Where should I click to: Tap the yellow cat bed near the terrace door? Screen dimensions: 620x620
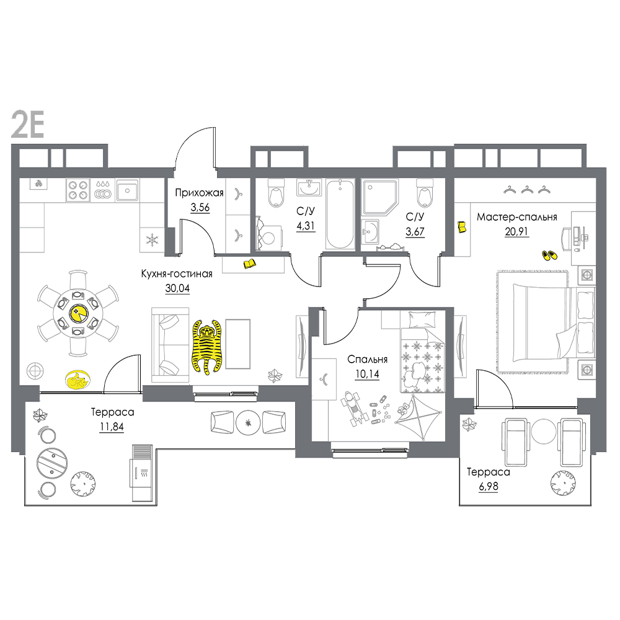(77, 381)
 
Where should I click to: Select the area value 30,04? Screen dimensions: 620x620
(177, 288)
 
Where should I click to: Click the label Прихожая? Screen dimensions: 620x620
(199, 193)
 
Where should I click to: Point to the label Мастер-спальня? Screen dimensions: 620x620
(517, 217)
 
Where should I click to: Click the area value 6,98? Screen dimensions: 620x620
(489, 486)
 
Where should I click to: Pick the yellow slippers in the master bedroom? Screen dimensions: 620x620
(549, 255)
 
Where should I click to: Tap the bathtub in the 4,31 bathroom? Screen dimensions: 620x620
(340, 214)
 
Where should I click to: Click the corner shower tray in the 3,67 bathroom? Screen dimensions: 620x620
(379, 197)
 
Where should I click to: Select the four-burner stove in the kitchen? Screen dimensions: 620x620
(78, 190)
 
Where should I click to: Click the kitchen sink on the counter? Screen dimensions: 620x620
(127, 190)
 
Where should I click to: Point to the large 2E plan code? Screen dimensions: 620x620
(27, 124)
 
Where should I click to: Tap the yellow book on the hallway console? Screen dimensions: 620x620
(249, 263)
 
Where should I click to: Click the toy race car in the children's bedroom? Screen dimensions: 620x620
(354, 409)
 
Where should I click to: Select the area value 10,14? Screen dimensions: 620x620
(367, 374)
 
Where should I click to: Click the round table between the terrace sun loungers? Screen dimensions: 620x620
(544, 432)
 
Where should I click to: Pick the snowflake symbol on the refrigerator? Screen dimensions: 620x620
(153, 239)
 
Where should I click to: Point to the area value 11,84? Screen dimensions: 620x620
(112, 427)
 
